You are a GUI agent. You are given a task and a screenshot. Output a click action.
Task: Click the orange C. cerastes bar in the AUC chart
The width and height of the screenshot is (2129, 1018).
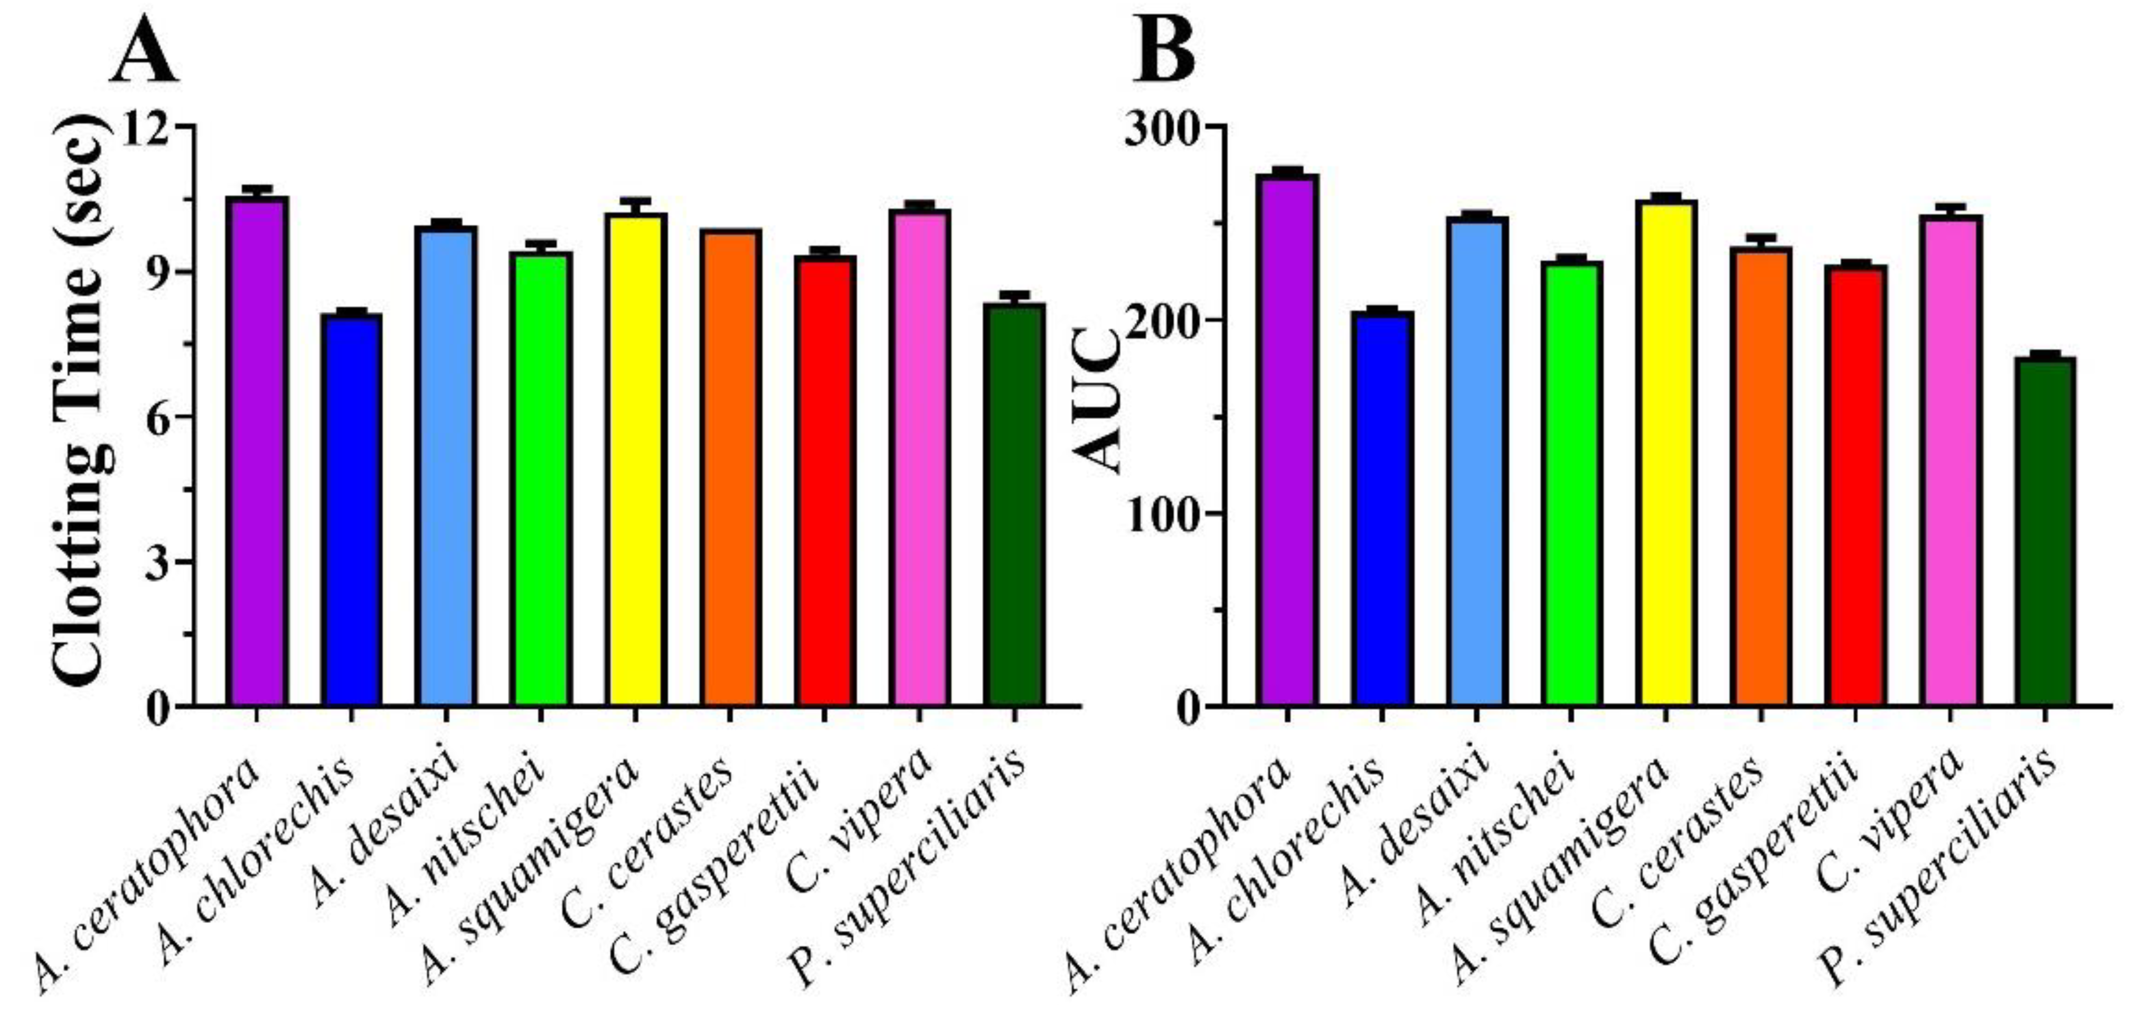1760,475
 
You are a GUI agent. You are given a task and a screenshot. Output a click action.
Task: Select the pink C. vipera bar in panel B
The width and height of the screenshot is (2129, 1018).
1949,459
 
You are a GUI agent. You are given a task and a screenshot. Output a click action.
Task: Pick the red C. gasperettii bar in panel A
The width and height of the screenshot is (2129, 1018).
824,479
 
